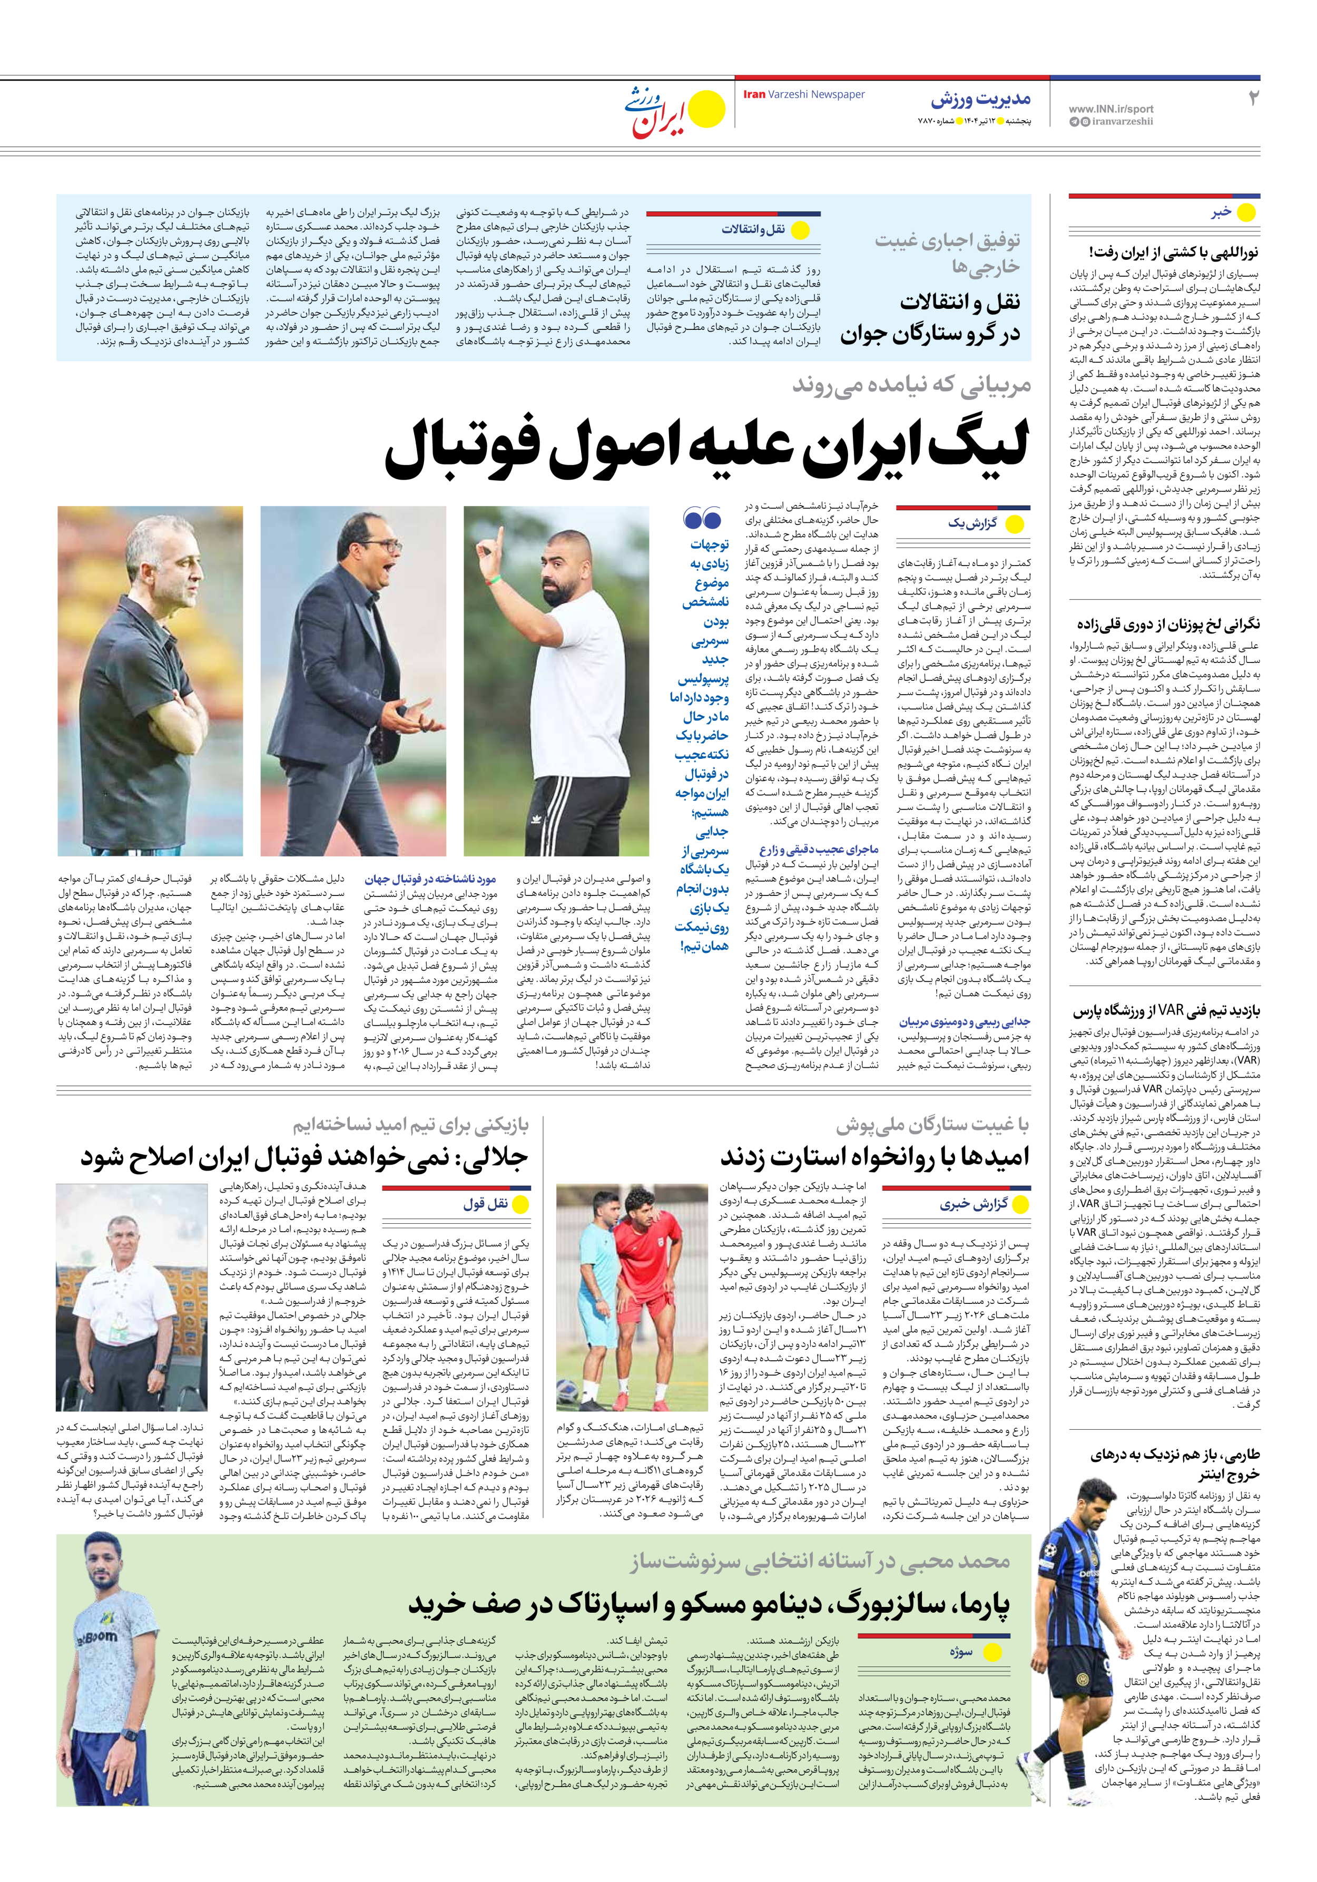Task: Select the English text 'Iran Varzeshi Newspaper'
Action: pos(803,94)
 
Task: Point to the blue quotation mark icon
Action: pos(702,519)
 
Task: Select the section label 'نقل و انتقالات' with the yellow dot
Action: pos(753,229)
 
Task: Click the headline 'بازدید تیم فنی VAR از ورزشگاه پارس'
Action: pos(1166,1012)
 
